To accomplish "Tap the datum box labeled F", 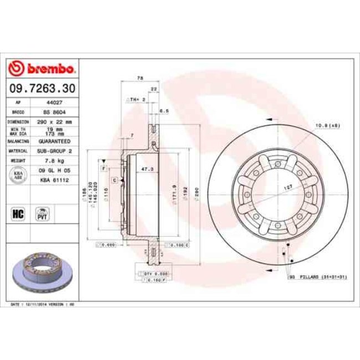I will pos(103,167).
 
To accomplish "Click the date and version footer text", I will pos(43,305).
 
